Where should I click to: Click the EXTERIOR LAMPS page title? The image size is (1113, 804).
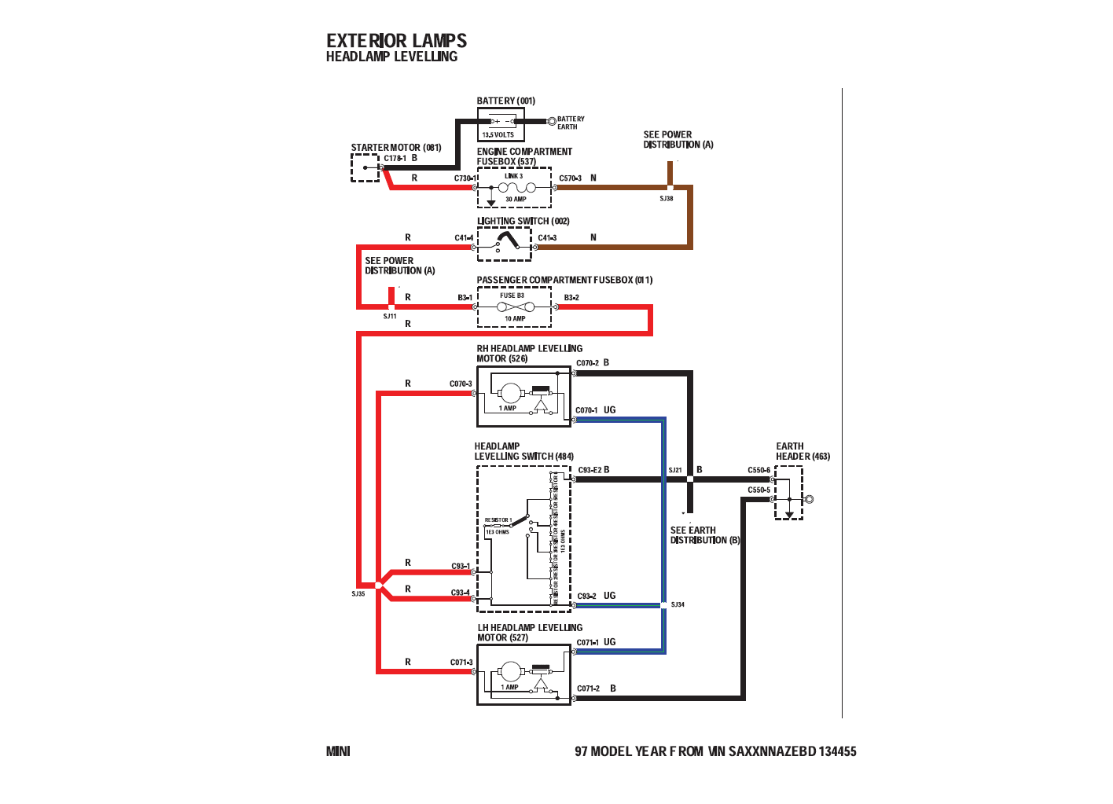pyautogui.click(x=396, y=41)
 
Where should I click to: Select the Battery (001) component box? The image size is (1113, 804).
pyautogui.click(x=501, y=124)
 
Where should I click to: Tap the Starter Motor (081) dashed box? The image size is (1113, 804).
pyautogui.click(x=365, y=167)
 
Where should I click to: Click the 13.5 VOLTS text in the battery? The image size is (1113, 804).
pyautogui.click(x=498, y=135)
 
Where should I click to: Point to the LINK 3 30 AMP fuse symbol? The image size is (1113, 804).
pyautogui.click(x=516, y=188)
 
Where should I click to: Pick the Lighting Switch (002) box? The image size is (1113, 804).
pyautogui.click(x=504, y=244)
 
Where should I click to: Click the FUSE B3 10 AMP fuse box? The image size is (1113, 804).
pyautogui.click(x=514, y=307)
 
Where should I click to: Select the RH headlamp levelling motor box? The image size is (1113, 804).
pyautogui.click(x=523, y=396)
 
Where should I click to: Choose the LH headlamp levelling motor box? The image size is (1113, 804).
pyautogui.click(x=523, y=675)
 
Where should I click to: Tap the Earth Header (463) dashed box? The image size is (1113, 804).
pyautogui.click(x=788, y=493)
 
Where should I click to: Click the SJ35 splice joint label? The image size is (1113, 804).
pyautogui.click(x=358, y=594)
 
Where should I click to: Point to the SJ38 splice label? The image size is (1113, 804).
pyautogui.click(x=667, y=199)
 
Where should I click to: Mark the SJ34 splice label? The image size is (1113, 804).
pyautogui.click(x=678, y=605)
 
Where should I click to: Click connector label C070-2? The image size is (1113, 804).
pyautogui.click(x=587, y=363)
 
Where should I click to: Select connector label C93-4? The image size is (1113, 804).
pyautogui.click(x=460, y=593)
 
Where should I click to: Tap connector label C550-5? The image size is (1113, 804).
pyautogui.click(x=759, y=490)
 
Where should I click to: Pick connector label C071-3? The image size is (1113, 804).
pyautogui.click(x=461, y=663)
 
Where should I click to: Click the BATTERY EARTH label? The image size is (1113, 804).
pyautogui.click(x=571, y=123)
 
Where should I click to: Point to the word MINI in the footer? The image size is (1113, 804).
pyautogui.click(x=338, y=751)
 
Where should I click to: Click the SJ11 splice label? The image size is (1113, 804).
pyautogui.click(x=390, y=317)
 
